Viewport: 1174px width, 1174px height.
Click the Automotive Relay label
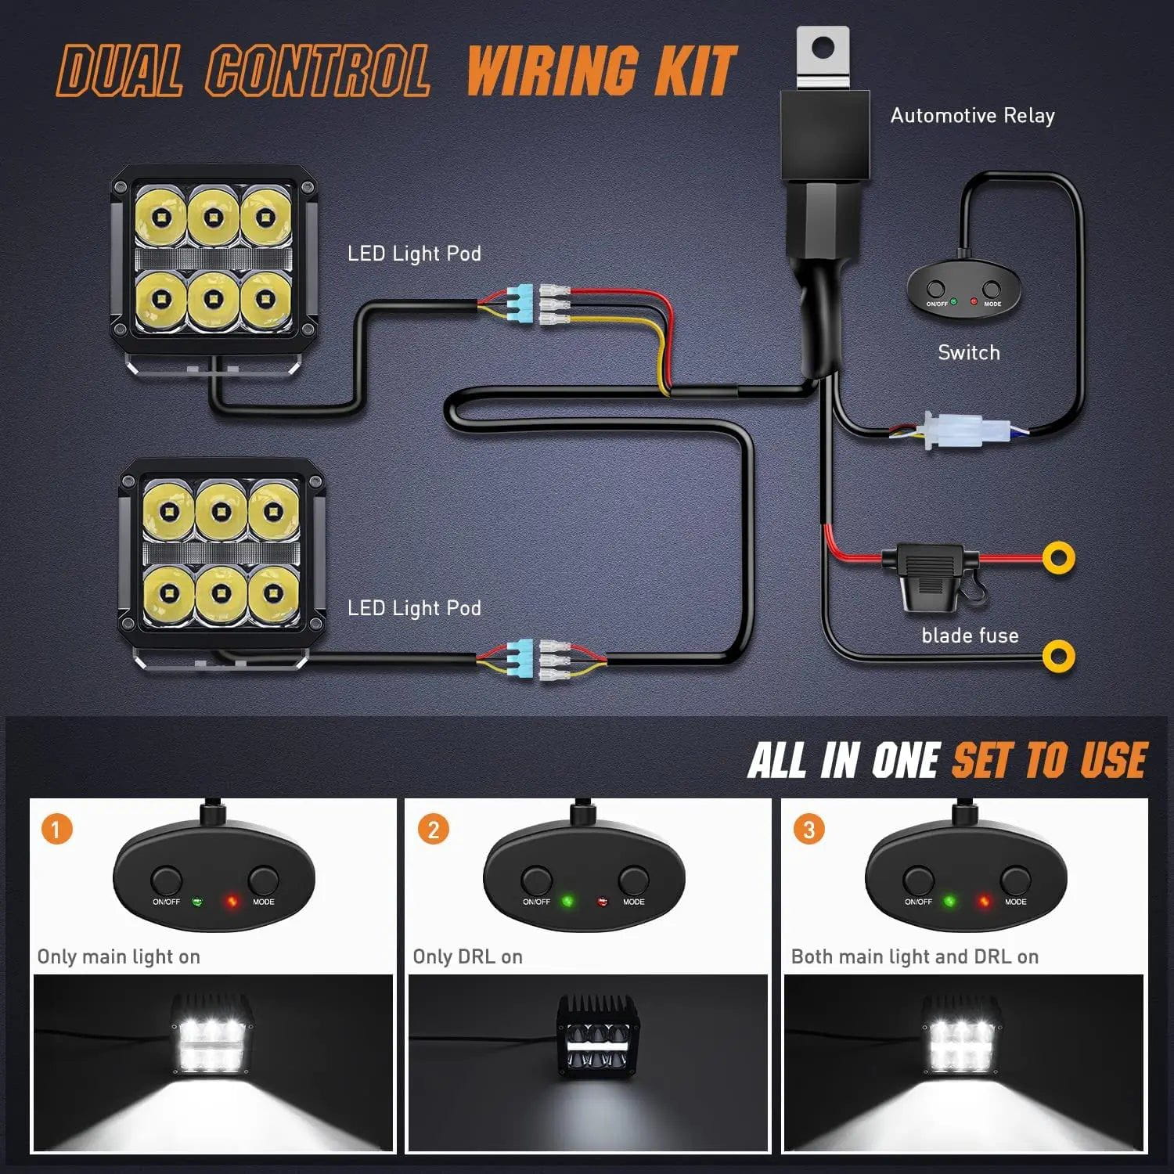[972, 116]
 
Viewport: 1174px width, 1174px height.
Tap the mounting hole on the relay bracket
[823, 49]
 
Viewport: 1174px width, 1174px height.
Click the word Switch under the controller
[969, 353]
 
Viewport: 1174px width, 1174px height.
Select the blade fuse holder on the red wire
[928, 575]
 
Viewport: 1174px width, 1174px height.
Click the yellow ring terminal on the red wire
[1058, 558]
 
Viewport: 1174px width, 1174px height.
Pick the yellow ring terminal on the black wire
[1058, 656]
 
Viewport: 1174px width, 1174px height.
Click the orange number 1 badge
[56, 829]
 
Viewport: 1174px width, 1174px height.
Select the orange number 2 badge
[433, 829]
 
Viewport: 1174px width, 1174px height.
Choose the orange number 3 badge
[808, 829]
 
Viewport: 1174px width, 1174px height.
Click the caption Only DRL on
[467, 956]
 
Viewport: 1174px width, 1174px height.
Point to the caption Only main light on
[119, 956]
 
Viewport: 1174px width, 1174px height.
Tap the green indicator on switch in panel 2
[567, 902]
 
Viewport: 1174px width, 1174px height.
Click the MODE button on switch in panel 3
[1015, 880]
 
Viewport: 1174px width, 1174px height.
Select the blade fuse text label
[970, 636]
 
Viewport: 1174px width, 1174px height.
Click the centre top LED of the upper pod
[213, 217]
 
